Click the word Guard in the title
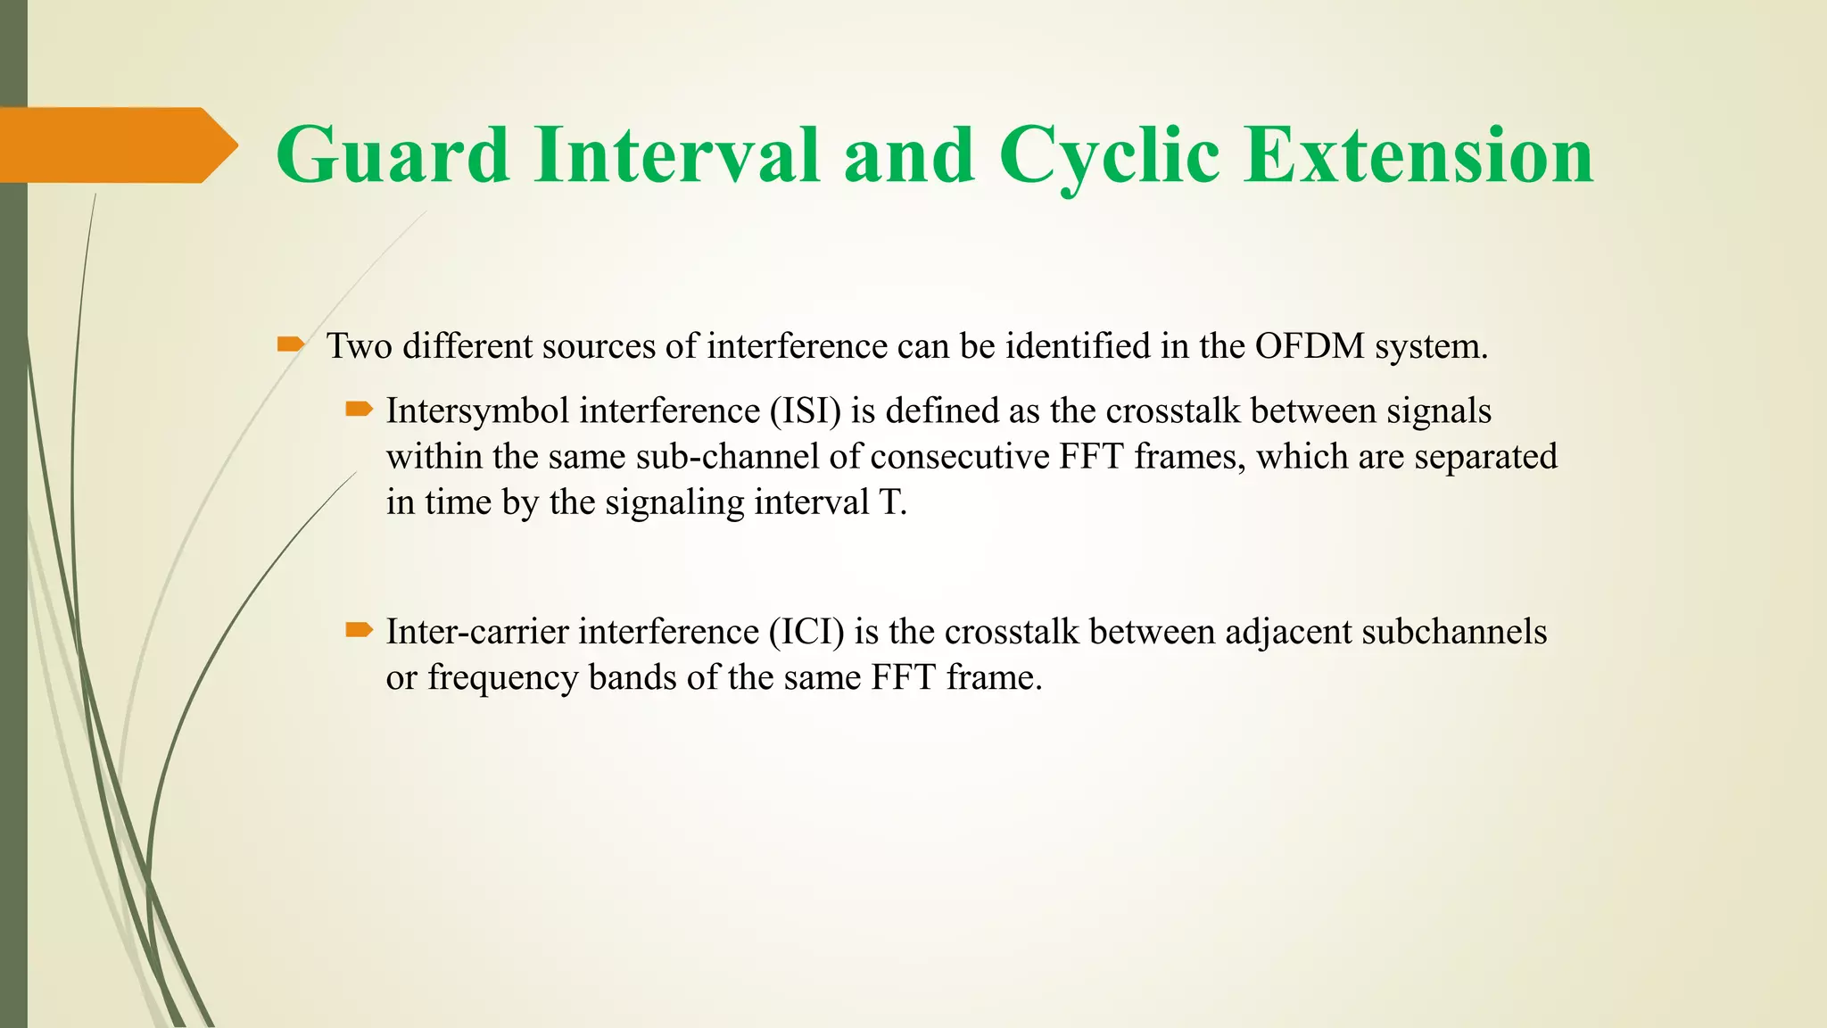pos(393,155)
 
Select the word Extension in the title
pos(1418,155)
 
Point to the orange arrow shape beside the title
pos(116,145)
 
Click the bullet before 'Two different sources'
pos(291,344)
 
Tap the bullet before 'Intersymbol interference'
pos(359,410)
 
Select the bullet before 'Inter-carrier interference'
pos(359,630)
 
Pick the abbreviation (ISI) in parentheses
pos(806,411)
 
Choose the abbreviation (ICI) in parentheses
pos(806,632)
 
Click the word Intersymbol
pos(477,411)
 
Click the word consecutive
pos(959,457)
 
